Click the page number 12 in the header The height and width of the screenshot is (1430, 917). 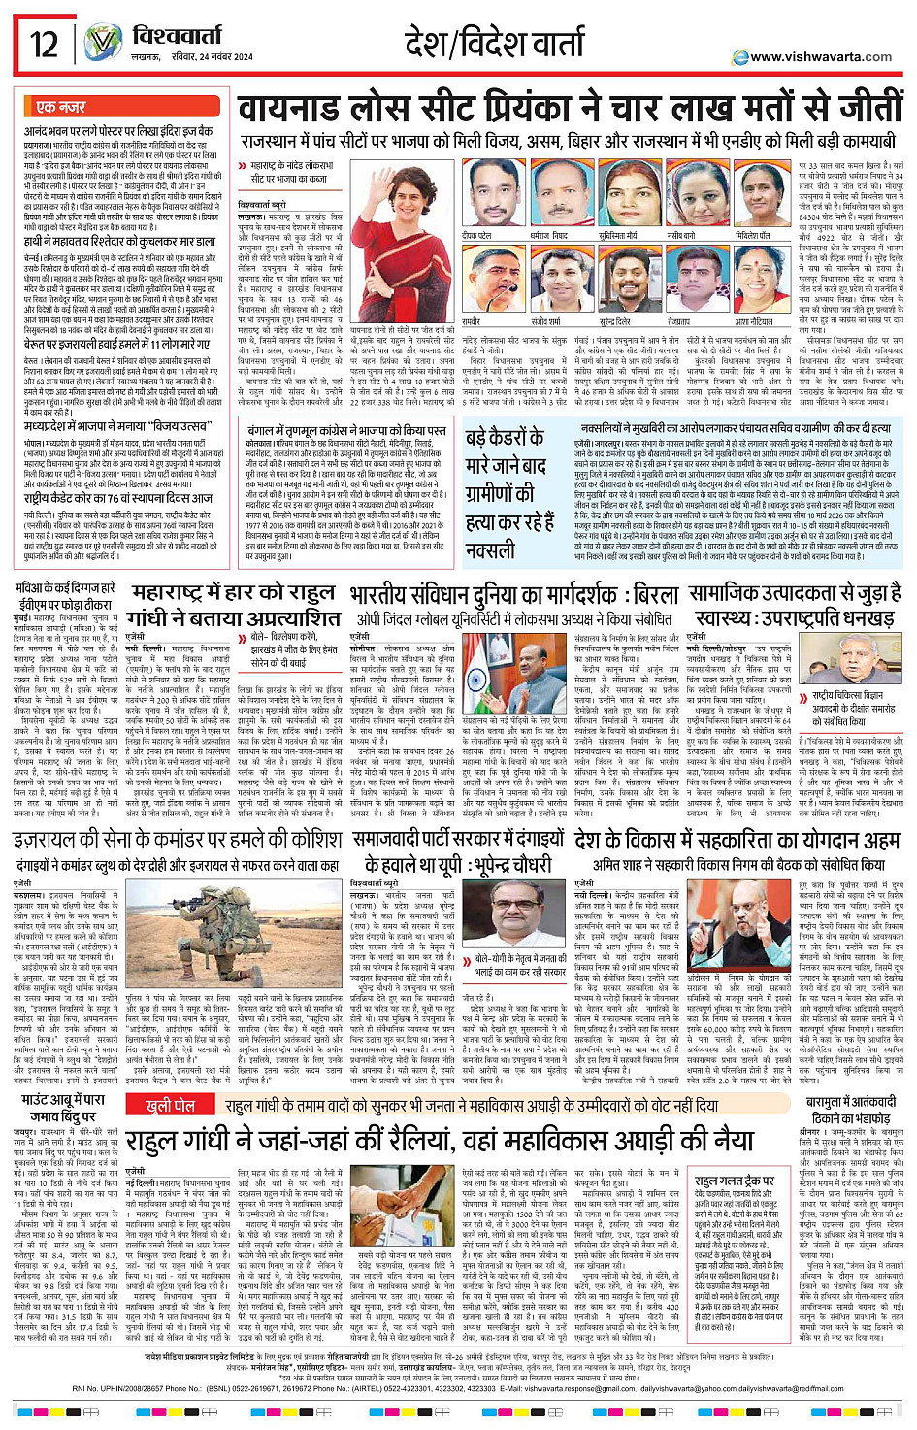click(44, 44)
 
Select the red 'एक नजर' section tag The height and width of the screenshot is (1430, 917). click(60, 106)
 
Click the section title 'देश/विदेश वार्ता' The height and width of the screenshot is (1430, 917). click(495, 43)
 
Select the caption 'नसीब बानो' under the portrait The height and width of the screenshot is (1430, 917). click(680, 236)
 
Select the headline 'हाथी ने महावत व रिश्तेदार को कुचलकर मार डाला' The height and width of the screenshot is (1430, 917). click(119, 241)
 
